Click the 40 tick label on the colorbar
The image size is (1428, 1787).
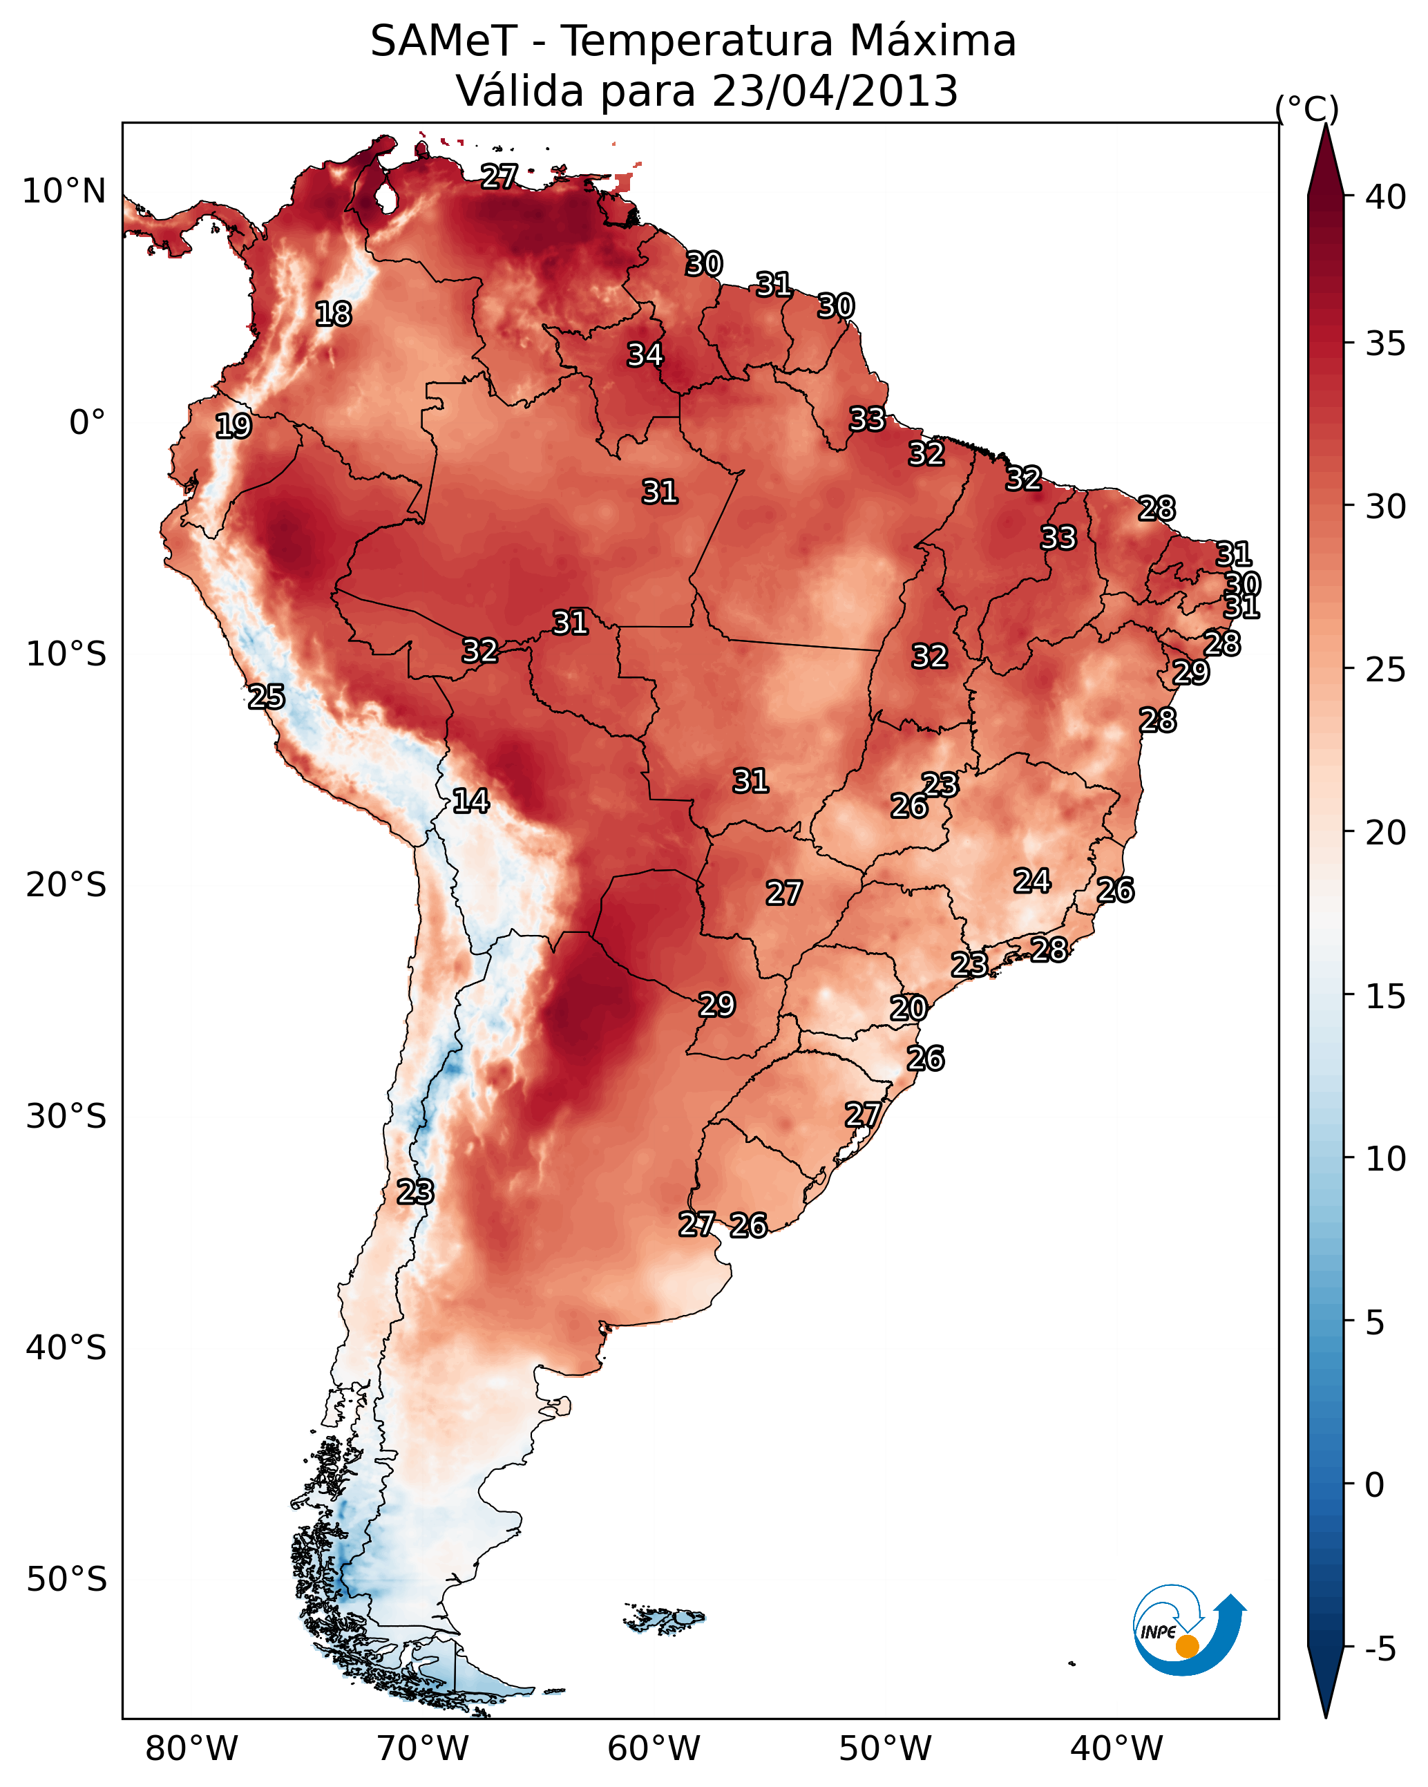pos(1386,197)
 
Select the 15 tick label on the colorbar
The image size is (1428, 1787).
pos(1386,996)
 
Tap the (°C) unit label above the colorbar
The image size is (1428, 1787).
pos(1307,108)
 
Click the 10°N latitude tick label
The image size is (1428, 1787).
pos(64,191)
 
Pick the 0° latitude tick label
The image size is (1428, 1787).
pos(87,423)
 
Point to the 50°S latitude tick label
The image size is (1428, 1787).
pos(66,1579)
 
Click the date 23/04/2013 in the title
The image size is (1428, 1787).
pos(835,91)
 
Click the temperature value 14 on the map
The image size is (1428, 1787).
pos(470,801)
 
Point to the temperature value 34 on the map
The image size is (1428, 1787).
pos(645,354)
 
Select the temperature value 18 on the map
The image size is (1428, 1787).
pos(333,314)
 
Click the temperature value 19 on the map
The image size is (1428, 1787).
pos(233,426)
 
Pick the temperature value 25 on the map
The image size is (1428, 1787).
pos(266,697)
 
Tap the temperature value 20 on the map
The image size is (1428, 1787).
pos(908,1009)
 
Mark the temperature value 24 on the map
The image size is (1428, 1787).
pos(1032,880)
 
